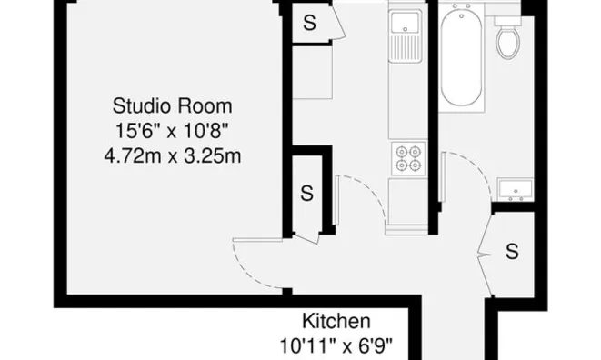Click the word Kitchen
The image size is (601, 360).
pos(336,322)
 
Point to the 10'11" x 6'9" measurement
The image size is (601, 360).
pos(336,345)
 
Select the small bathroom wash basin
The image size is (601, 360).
pos(516,189)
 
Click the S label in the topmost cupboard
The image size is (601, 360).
pos(309,24)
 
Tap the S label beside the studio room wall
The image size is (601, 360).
pos(306,193)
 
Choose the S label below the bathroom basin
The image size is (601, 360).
pos(513,249)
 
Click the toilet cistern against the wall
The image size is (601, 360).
pos(507,19)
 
